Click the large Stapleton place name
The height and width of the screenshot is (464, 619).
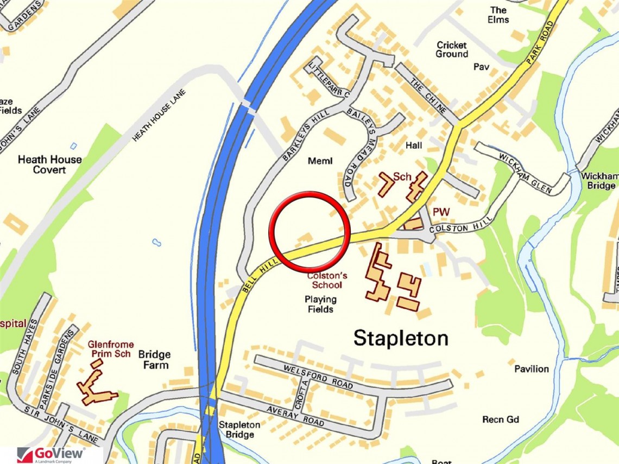(x=401, y=338)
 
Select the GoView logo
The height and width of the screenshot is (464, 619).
(x=52, y=454)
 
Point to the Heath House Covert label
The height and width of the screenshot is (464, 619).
(x=49, y=164)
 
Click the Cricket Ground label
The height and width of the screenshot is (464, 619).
(x=451, y=49)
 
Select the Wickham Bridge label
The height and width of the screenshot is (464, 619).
(x=599, y=181)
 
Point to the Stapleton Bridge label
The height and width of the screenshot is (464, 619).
(x=239, y=430)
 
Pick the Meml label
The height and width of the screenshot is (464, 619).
(x=319, y=161)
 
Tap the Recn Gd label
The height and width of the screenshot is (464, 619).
(x=501, y=419)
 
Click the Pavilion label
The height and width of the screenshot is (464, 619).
(x=532, y=369)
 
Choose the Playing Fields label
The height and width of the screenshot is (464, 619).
(x=320, y=304)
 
